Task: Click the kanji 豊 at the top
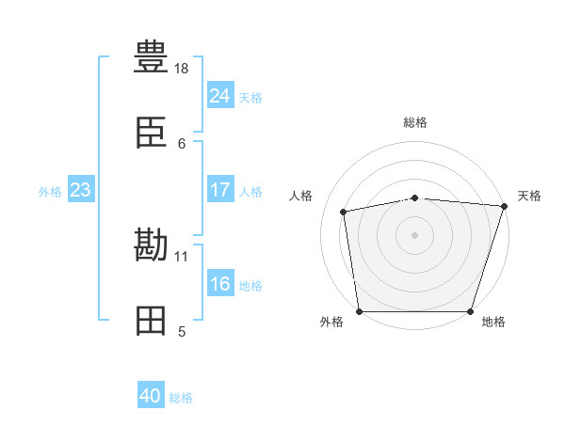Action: (x=152, y=55)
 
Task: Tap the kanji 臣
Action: (x=152, y=134)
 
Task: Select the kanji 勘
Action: (x=152, y=246)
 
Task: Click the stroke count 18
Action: (x=182, y=69)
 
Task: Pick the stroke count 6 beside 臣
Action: (x=182, y=143)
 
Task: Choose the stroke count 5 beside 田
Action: (x=182, y=331)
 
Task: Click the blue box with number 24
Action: (x=219, y=96)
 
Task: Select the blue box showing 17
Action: (x=219, y=190)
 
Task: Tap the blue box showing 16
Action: (x=219, y=284)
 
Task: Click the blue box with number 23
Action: (x=80, y=190)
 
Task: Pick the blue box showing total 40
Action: (x=151, y=397)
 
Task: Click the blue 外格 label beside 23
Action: (x=50, y=192)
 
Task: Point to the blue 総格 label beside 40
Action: (x=181, y=399)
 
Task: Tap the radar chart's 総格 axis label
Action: (x=415, y=122)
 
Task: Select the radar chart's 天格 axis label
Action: (x=529, y=196)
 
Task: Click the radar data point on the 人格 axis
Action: (x=344, y=212)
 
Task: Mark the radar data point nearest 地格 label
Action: (x=471, y=311)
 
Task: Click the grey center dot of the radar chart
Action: (x=415, y=234)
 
